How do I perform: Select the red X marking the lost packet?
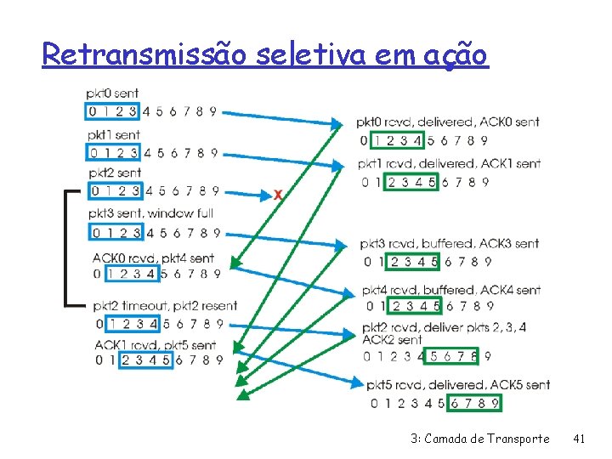(278, 195)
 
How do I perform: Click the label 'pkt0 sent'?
(112, 93)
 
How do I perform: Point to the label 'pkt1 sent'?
(113, 135)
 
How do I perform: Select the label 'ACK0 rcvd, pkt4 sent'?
(153, 258)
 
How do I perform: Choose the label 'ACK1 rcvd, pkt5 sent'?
(155, 345)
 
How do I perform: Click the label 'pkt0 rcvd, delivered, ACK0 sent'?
(447, 122)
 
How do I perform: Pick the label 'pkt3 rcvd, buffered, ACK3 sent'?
(450, 244)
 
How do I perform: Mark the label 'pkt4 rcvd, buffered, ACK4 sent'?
(451, 291)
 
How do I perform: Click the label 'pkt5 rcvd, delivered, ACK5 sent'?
(455, 385)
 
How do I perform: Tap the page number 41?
(580, 439)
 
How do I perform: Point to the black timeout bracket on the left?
(67, 246)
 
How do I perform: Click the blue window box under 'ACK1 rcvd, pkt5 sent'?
(146, 360)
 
